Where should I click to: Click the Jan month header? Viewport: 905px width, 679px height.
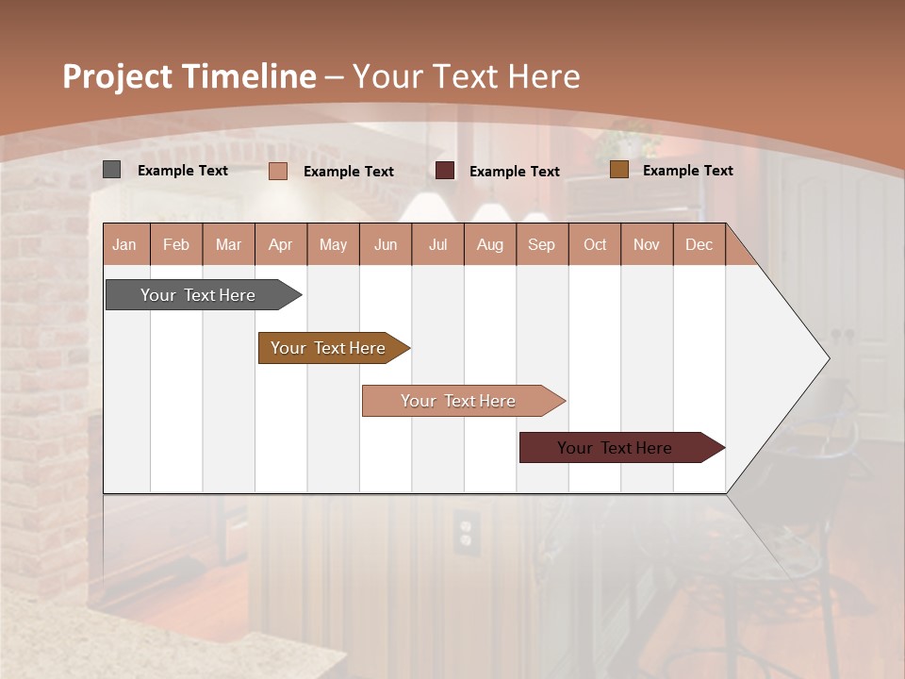click(124, 244)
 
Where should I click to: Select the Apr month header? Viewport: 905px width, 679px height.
click(280, 244)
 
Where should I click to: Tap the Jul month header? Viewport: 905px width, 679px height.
click(437, 244)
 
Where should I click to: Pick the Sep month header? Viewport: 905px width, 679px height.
click(541, 244)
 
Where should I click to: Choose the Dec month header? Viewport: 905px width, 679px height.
click(699, 244)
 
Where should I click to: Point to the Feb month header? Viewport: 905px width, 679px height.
click(176, 244)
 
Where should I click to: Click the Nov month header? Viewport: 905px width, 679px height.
click(646, 244)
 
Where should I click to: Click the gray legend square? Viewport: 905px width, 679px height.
click(112, 170)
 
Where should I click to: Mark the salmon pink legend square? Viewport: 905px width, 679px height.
click(278, 171)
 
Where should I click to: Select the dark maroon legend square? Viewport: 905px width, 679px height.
click(445, 171)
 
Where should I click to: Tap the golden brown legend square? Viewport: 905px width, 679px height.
click(619, 170)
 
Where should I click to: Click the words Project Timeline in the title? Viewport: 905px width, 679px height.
click(189, 76)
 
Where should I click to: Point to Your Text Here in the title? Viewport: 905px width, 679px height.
click(467, 76)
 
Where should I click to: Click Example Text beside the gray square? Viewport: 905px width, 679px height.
click(183, 171)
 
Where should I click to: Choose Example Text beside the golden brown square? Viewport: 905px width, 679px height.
click(688, 171)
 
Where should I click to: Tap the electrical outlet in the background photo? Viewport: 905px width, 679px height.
click(464, 531)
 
